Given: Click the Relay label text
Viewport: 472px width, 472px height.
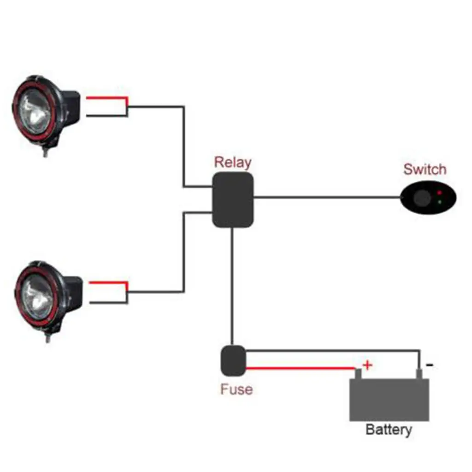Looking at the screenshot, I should [233, 162].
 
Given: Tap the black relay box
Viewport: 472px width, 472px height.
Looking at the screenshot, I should [233, 200].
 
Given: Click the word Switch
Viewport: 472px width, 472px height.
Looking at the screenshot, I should [425, 169].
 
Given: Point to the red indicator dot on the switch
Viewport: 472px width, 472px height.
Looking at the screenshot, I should [439, 192].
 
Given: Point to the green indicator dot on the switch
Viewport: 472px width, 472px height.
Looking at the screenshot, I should [439, 202].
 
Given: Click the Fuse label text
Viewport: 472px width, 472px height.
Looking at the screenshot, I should [236, 389].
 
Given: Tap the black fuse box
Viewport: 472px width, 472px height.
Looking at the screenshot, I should [233, 360].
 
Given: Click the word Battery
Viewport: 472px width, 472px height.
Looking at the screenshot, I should [389, 430].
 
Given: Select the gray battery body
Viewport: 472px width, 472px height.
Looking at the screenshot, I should [389, 400].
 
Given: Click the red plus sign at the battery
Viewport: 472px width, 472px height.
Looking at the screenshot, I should [367, 366].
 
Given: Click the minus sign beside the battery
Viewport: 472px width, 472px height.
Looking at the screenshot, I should [429, 365].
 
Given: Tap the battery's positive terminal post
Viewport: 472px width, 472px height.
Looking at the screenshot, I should [358, 373].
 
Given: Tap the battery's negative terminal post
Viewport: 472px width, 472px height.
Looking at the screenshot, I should [419, 373].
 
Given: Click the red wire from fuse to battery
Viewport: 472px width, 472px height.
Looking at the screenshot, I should [300, 368].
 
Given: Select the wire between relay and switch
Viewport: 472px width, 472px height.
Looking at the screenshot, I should [327, 198].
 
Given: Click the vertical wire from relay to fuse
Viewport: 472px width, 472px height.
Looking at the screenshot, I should [233, 286].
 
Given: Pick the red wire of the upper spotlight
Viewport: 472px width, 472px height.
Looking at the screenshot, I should [106, 98].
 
